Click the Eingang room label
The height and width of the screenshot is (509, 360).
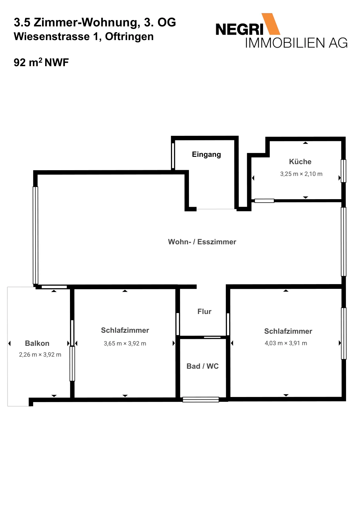tap(206, 155)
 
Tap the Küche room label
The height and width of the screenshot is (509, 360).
tap(300, 162)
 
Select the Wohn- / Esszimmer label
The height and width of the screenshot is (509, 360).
tap(202, 242)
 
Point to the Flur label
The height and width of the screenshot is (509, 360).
tap(204, 311)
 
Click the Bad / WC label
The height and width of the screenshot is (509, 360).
tap(202, 366)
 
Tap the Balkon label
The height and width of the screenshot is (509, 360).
tap(37, 343)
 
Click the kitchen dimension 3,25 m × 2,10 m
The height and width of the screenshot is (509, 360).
tap(301, 174)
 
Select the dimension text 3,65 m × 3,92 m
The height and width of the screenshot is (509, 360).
tap(125, 343)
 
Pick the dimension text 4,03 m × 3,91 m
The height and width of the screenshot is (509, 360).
tap(286, 343)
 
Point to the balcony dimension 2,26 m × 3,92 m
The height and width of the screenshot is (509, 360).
tap(40, 354)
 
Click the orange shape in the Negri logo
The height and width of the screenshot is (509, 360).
tap(271, 24)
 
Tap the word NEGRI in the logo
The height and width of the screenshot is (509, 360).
tap(239, 30)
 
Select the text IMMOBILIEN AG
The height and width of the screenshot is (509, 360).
tap(296, 43)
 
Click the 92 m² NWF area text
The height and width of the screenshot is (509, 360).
tap(41, 62)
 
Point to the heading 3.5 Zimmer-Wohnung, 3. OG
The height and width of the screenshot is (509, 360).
tap(95, 23)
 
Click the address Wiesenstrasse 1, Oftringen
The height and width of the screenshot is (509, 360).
tap(84, 36)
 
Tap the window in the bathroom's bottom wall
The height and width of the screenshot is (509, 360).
tap(201, 399)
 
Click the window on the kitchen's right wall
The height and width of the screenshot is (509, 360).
tap(343, 171)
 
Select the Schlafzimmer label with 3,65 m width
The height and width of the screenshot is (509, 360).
tap(125, 330)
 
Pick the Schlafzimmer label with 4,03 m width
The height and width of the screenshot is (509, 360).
tap(288, 331)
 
